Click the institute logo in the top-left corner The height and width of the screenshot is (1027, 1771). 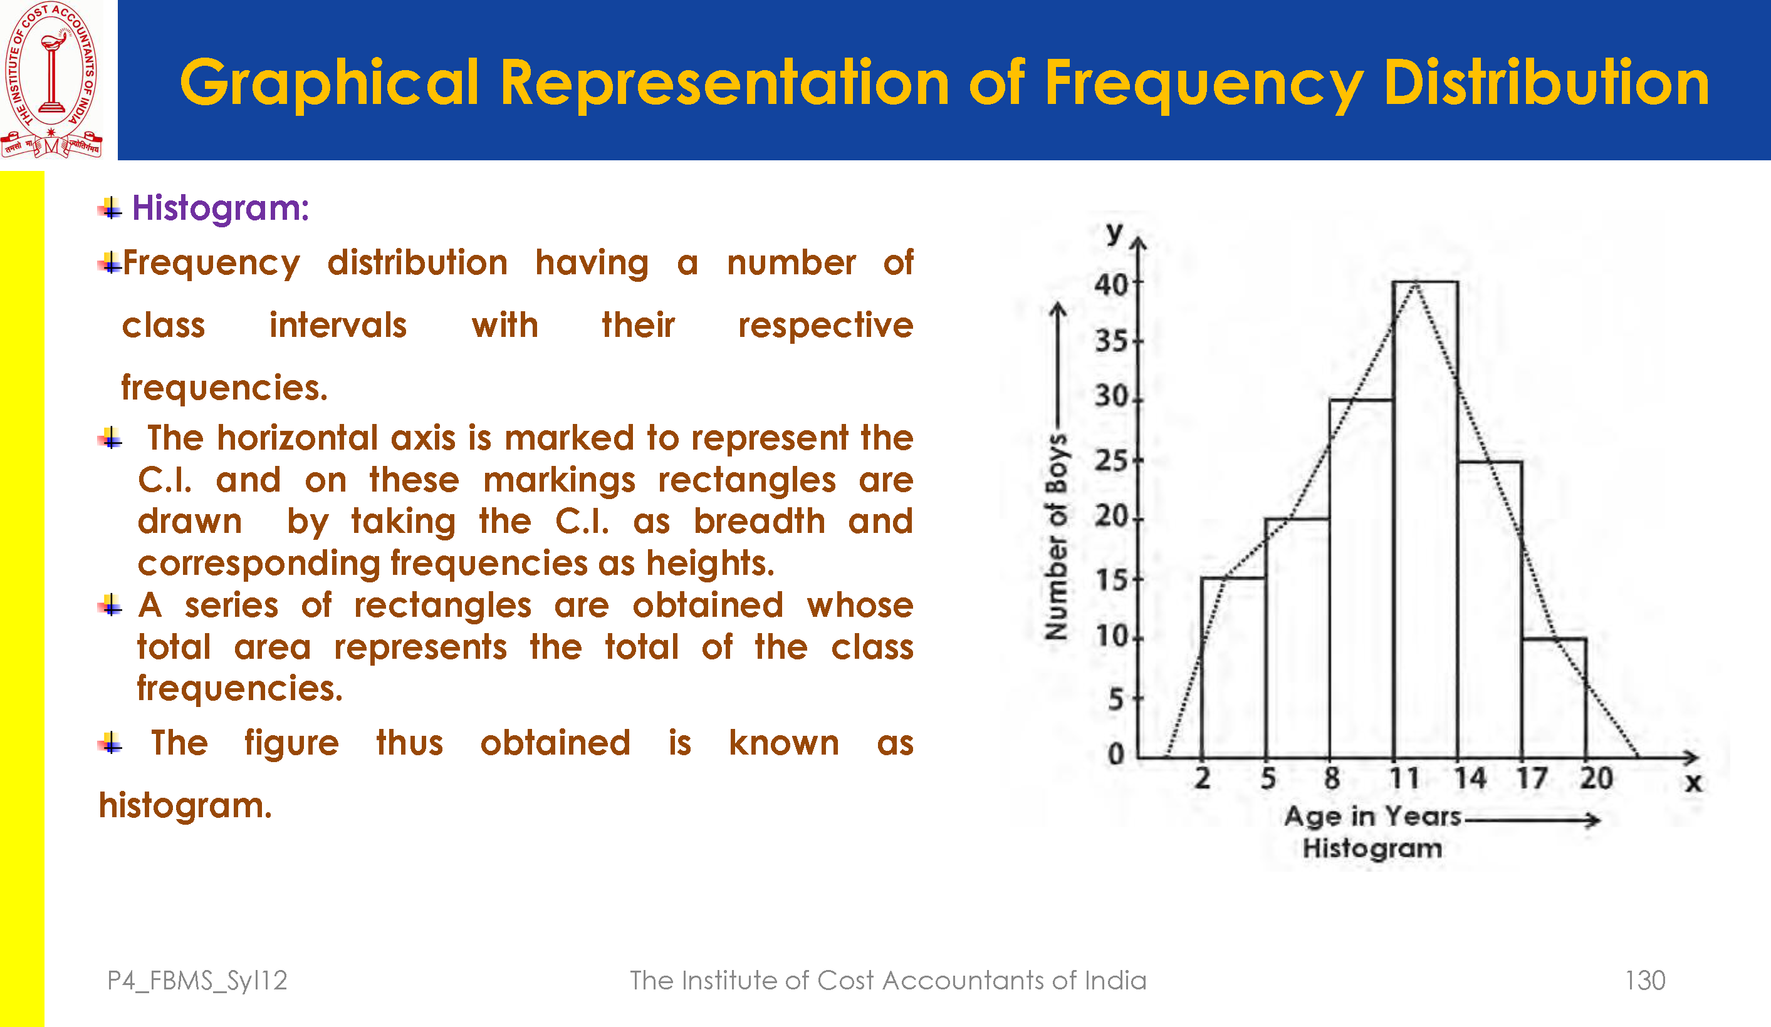pos(51,79)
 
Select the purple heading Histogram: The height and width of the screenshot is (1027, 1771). pos(220,208)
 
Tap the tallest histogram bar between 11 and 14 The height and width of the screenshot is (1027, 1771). pos(1425,520)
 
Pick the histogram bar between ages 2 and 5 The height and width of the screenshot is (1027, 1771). pos(1233,668)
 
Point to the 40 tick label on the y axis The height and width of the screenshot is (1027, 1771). pos(1110,285)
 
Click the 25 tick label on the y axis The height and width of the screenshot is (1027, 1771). pos(1110,462)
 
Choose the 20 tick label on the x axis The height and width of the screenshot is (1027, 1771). pos(1596,779)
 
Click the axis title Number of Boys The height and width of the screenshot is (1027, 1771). pos(1057,537)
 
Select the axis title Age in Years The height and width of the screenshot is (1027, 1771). pos(1372,816)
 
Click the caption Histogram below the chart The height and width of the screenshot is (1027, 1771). pos(1372,849)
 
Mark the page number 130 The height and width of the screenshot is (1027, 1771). pos(1644,981)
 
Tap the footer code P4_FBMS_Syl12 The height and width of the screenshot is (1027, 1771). pos(197,981)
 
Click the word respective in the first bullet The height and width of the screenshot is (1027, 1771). pos(825,325)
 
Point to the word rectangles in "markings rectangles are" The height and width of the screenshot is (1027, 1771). pos(747,480)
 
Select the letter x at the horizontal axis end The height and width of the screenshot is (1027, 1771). pos(1694,782)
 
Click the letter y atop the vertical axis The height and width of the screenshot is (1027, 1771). pos(1114,232)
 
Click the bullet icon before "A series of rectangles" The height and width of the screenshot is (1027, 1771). pos(110,605)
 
